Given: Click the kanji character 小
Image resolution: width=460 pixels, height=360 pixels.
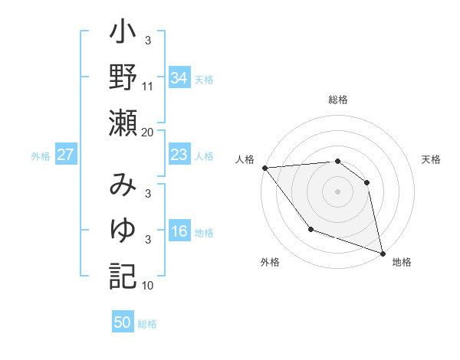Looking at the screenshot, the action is pos(123,35).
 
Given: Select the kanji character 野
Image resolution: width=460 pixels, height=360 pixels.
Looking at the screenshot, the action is pos(123,77).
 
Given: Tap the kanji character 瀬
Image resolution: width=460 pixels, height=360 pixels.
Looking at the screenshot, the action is pos(123,122).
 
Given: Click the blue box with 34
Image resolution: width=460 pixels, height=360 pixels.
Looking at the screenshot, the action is pos(179,77).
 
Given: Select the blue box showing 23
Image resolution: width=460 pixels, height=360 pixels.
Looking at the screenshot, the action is pos(179,155).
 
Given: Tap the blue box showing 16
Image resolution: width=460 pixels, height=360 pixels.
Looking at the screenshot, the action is pos(179,231).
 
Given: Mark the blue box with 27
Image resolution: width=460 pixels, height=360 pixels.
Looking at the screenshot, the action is pos(66,155).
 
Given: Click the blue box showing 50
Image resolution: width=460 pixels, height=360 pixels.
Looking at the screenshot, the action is pos(123,322).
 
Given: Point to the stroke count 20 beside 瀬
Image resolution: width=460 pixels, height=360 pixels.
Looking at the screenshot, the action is pos(147,132).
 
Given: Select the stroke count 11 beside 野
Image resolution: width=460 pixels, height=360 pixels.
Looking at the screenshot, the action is pos(148,87).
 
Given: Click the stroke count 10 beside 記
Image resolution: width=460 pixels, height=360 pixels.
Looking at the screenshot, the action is pos(148,286).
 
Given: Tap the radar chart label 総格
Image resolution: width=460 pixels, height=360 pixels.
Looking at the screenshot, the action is pos(338,100).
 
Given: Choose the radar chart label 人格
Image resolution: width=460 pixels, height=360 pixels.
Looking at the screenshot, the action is pos(246,159).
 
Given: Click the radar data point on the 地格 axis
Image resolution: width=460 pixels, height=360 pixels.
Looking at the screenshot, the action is pos(383,252).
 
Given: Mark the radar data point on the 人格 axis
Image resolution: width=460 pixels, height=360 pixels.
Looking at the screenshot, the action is pos(264,168).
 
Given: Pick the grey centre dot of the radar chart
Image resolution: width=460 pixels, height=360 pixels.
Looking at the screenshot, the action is pos(338,191).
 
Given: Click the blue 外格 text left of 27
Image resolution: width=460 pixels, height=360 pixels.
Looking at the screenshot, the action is pos(41,156).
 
